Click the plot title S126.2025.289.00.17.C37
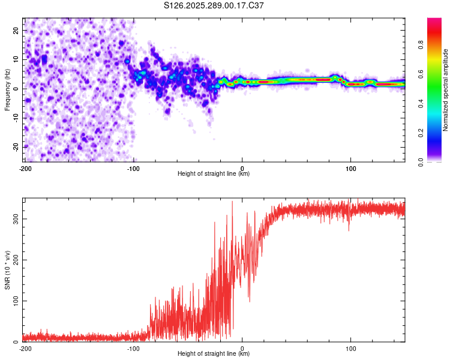point(214,6)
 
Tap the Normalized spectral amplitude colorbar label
point(446,90)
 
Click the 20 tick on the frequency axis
point(16,30)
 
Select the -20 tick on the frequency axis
point(15,147)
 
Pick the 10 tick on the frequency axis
point(16,59)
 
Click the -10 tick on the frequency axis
point(15,118)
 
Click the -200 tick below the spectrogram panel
point(25,168)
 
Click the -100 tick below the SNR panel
point(134,348)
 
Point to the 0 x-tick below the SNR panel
point(242,348)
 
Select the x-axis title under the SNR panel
point(214,354)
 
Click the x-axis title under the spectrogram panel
point(214,174)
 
